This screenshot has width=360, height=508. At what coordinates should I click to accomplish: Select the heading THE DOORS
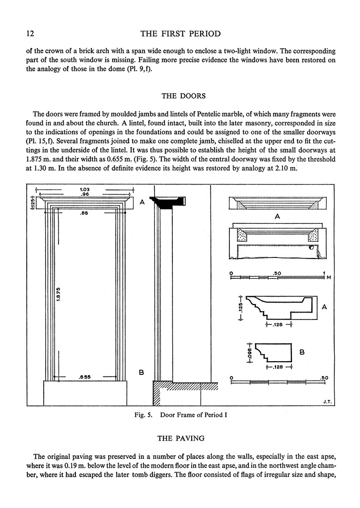click(x=180, y=97)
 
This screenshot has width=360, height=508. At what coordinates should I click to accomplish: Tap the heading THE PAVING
click(x=180, y=438)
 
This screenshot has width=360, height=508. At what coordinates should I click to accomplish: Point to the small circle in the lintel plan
click(x=311, y=248)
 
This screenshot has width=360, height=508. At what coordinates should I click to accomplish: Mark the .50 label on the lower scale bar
click(x=325, y=378)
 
